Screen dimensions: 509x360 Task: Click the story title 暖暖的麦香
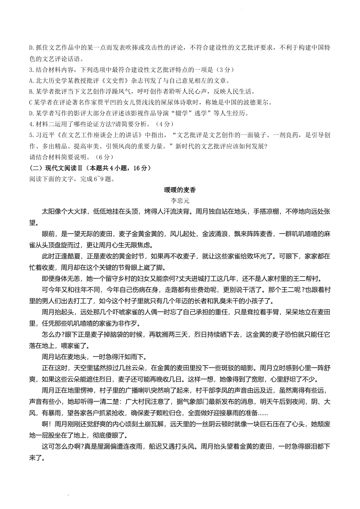[x=180, y=190]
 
